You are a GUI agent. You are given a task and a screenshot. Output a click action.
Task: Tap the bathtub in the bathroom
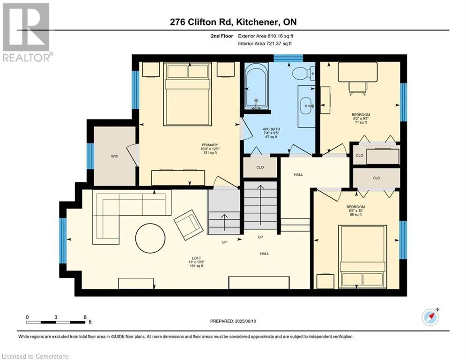click(x=256, y=88)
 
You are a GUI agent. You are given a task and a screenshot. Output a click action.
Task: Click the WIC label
click(x=114, y=156)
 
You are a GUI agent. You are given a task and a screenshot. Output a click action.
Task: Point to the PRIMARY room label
click(x=210, y=145)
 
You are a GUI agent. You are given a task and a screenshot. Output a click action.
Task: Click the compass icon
click(x=430, y=317)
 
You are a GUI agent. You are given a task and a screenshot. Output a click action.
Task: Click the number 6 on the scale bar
click(x=85, y=317)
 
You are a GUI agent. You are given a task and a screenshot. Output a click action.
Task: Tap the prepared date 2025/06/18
click(x=245, y=321)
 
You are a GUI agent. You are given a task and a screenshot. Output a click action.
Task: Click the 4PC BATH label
click(x=271, y=129)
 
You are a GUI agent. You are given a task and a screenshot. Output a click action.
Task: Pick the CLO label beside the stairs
click(x=260, y=167)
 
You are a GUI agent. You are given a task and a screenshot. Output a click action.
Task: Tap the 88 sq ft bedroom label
click(x=356, y=215)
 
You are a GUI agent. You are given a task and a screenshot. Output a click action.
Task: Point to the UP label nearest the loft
click(x=224, y=242)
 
